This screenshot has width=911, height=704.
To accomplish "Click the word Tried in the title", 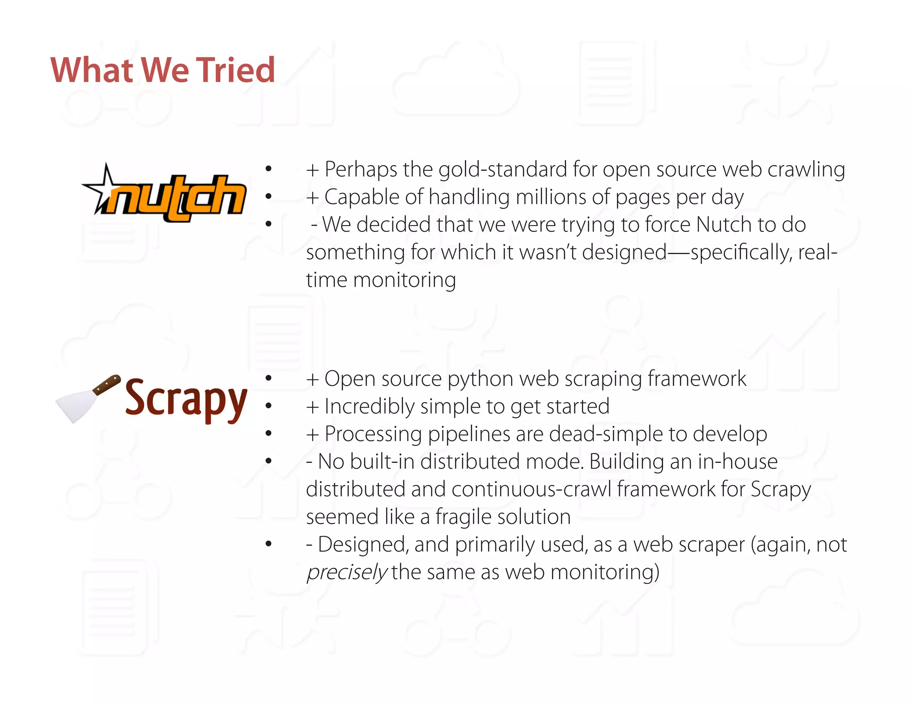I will point(236,70).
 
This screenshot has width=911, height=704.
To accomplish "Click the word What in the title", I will point(92,70).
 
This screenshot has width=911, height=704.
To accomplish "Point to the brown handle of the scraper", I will point(107,385).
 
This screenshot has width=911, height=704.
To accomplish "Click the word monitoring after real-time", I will point(404,280).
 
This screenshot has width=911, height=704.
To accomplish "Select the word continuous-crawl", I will point(532,490).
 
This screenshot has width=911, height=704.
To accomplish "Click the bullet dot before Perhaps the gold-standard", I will point(268,169).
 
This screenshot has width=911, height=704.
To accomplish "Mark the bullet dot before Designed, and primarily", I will point(268,544).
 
